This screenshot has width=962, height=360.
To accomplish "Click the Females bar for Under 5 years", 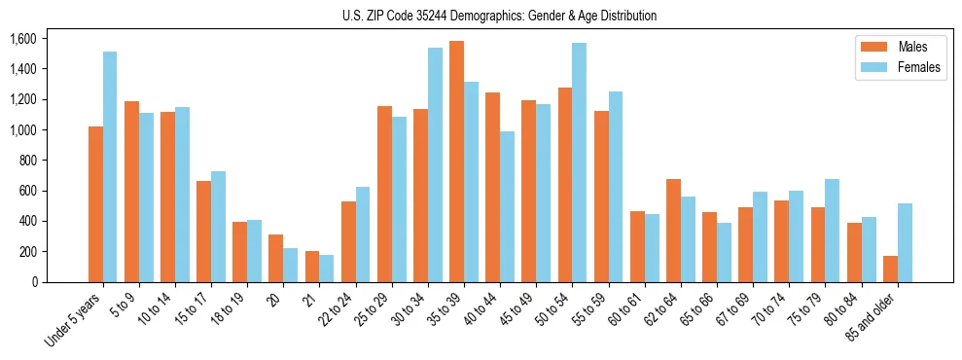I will click(x=110, y=166).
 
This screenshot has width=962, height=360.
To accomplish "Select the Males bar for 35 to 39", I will click(x=457, y=162).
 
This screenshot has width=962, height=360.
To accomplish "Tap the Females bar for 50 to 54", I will click(x=580, y=162).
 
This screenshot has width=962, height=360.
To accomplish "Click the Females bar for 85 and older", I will click(x=906, y=242).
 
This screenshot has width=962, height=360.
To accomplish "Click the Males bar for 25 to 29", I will click(x=384, y=194).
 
